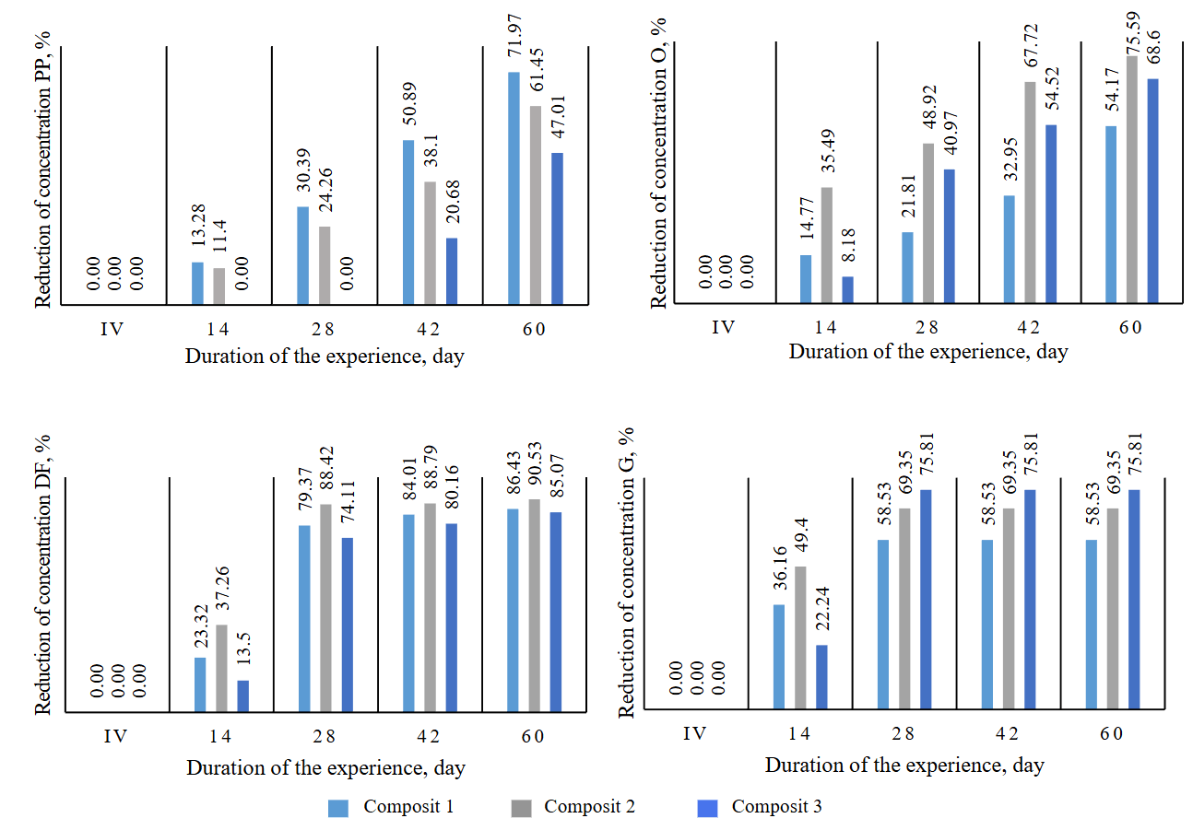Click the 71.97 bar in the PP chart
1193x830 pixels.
tap(514, 188)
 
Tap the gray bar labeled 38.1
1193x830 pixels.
tap(431, 242)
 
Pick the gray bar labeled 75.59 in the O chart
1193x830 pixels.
tap(1131, 179)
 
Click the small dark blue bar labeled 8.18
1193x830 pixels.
tap(847, 289)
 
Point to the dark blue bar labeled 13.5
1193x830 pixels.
tap(243, 696)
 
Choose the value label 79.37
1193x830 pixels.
tap(303, 497)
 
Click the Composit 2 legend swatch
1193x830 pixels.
tap(522, 808)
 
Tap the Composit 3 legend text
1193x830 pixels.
tap(776, 807)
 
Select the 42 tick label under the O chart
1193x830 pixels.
tap(1028, 327)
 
